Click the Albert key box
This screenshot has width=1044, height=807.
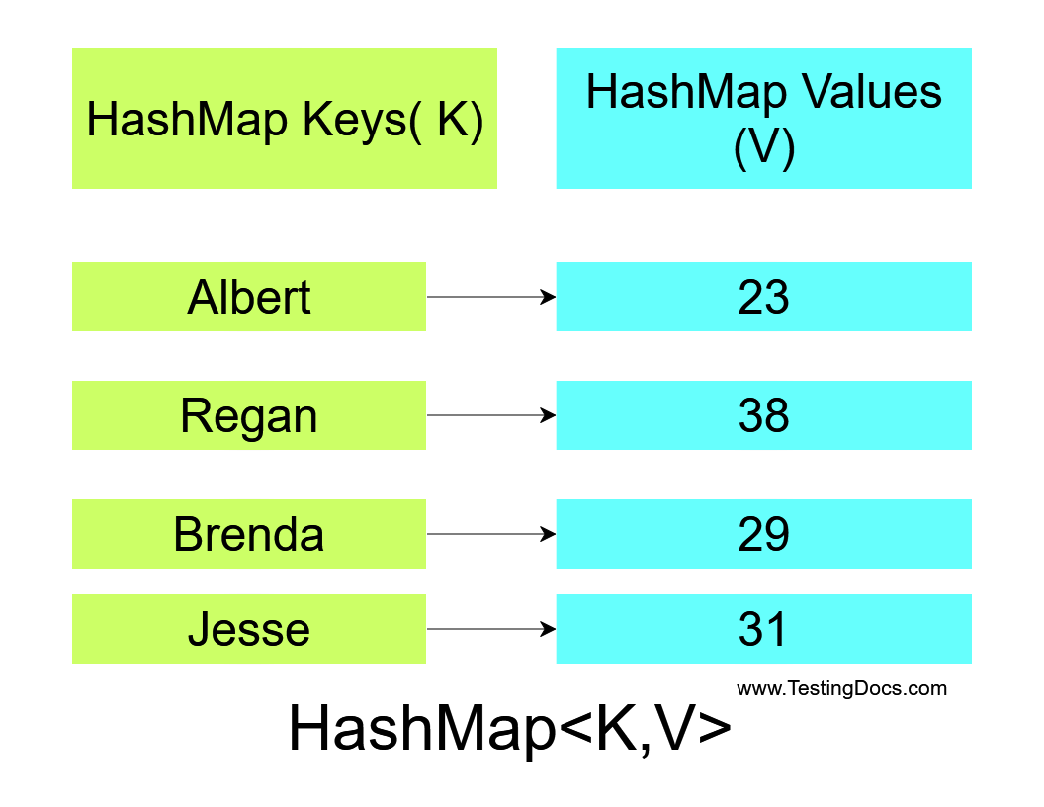click(249, 297)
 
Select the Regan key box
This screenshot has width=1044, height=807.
click(249, 415)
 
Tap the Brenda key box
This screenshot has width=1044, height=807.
click(249, 534)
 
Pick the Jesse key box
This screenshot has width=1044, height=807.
click(249, 629)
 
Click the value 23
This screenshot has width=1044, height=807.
click(763, 297)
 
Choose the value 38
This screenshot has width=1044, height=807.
click(763, 415)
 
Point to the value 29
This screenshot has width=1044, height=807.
click(763, 534)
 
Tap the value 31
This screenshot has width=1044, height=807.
click(763, 629)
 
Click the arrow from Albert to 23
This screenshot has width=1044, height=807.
click(491, 297)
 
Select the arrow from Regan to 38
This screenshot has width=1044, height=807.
click(491, 415)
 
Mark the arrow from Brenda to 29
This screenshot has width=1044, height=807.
click(491, 534)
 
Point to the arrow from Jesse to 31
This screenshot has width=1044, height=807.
click(491, 629)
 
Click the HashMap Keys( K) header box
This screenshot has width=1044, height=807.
click(285, 119)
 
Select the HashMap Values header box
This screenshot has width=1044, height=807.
click(763, 119)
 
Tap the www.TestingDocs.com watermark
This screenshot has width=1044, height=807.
click(841, 688)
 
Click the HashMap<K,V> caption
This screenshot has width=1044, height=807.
click(510, 728)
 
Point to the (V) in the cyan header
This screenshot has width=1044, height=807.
click(763, 147)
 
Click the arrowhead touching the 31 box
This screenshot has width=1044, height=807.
click(549, 629)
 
